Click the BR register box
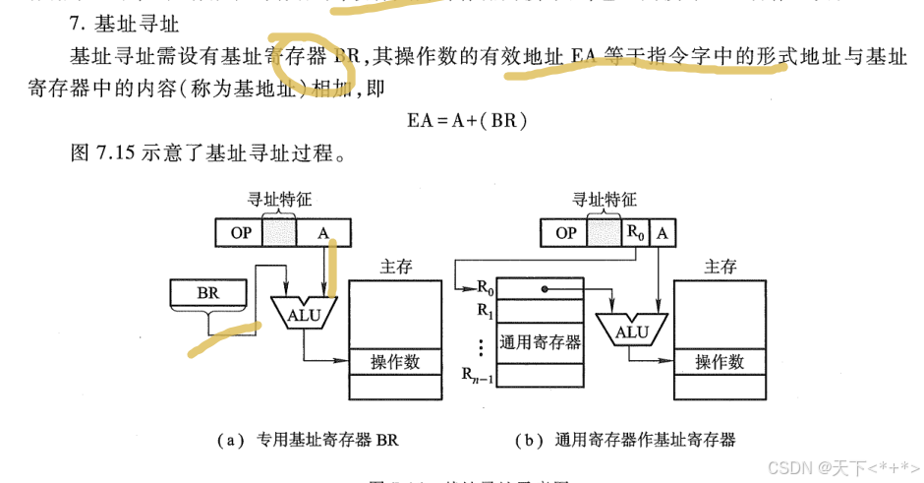pyautogui.click(x=207, y=292)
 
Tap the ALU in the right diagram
pyautogui.click(x=631, y=331)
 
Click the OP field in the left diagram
pyautogui.click(x=239, y=233)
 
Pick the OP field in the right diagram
pyautogui.click(x=565, y=233)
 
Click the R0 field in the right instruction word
pyautogui.click(x=637, y=233)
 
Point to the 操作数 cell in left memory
pyautogui.click(x=395, y=362)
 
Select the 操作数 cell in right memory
pyautogui.click(x=720, y=362)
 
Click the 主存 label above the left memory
pyautogui.click(x=395, y=266)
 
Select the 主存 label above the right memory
pyautogui.click(x=720, y=266)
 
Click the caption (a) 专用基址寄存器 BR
pyautogui.click(x=307, y=440)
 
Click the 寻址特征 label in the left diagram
pyautogui.click(x=279, y=200)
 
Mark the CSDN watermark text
pyautogui.click(x=840, y=465)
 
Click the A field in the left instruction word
pyautogui.click(x=322, y=233)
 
